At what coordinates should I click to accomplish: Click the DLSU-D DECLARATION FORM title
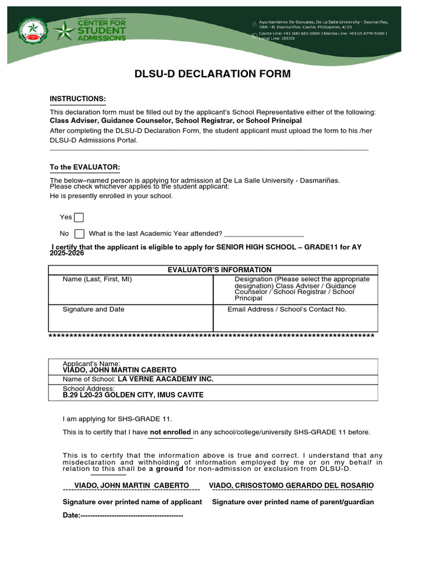[x=212, y=74]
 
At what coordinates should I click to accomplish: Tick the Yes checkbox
[x=79, y=217]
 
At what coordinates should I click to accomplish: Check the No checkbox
[x=79, y=234]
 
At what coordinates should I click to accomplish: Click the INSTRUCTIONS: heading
[x=77, y=99]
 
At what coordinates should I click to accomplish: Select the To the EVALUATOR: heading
[x=85, y=168]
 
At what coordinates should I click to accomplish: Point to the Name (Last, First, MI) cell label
[x=97, y=279]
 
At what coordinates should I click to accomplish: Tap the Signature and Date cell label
[x=93, y=309]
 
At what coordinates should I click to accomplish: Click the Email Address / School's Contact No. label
[x=287, y=309]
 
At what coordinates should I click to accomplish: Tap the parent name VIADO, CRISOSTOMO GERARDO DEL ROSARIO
[x=291, y=485]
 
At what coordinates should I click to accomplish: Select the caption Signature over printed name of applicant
[x=132, y=502]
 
